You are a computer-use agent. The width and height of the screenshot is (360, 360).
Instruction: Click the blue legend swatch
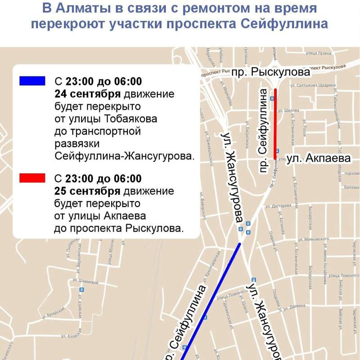[32, 81]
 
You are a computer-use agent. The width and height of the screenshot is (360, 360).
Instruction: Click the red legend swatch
[32, 178]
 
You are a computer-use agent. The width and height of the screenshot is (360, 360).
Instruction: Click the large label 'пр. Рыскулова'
[271, 72]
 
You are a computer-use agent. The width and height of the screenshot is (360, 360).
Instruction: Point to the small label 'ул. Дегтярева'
[279, 207]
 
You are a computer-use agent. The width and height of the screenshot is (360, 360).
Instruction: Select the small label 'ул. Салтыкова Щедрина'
[313, 85]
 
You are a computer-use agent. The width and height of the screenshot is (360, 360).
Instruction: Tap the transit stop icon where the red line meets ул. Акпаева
[278, 151]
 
